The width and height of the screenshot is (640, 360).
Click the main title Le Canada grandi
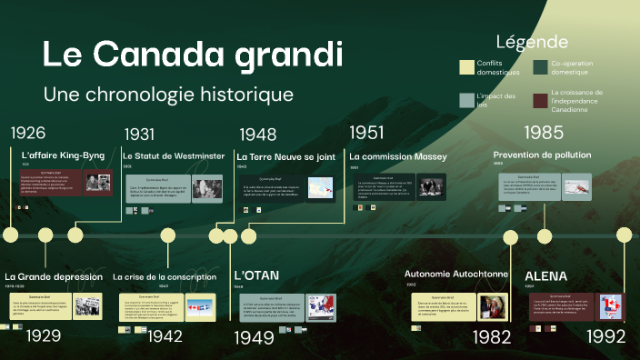pos(193,55)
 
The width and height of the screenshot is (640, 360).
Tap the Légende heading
pos(532,42)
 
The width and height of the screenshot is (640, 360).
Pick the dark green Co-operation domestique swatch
pos(541,66)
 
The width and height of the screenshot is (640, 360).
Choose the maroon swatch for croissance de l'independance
pos(541,100)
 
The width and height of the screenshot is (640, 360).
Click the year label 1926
pos(27,133)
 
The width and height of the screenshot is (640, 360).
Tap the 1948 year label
pos(258,135)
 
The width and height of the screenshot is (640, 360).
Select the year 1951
pos(366,133)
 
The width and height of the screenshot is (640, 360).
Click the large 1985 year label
pos(545,133)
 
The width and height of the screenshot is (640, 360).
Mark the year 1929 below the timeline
pos(44,335)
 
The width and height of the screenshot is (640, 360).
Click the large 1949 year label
pos(255,338)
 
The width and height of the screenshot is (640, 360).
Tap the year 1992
pos(605,336)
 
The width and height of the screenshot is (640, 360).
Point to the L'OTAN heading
pos(256,275)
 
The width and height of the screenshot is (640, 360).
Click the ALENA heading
pos(545,275)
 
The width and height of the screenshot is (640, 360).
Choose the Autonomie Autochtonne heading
pos(455,273)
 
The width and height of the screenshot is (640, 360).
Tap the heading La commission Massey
pos(397,156)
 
